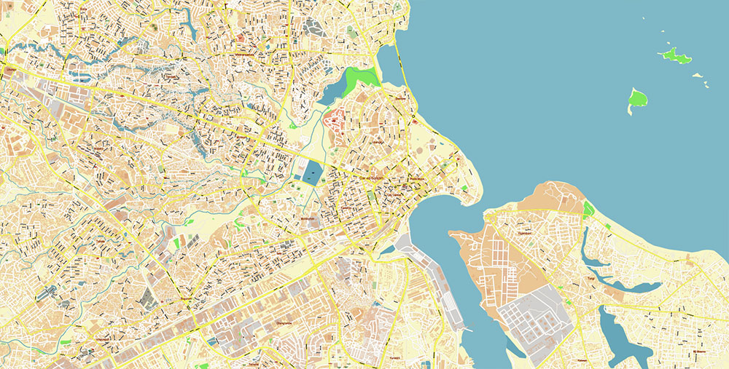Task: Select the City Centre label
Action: pos(394,194)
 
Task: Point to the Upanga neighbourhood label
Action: pos(377,143)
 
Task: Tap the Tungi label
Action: pos(592,279)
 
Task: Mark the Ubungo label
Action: pos(11,69)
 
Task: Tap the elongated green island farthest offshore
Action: pos(675,55)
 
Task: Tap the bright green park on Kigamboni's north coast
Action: pos(588,210)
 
